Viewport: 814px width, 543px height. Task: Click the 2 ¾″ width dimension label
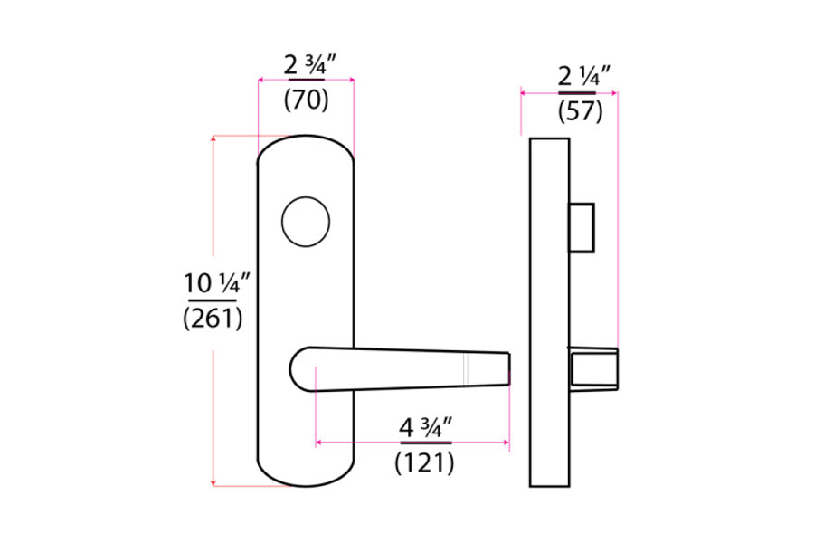(306, 65)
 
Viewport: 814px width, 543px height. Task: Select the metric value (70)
(306, 100)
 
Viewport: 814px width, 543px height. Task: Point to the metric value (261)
(213, 319)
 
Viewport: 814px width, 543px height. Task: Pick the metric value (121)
(424, 463)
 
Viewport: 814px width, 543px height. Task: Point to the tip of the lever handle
(506, 369)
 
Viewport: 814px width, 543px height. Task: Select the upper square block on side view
(581, 227)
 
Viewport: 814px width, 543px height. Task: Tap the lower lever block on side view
(592, 369)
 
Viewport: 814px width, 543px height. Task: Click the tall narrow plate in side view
(548, 312)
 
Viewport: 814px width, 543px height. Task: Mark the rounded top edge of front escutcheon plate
(306, 140)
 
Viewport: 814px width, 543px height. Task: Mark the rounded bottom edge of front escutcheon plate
(306, 484)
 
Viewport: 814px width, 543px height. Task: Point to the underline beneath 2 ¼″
(577, 92)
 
